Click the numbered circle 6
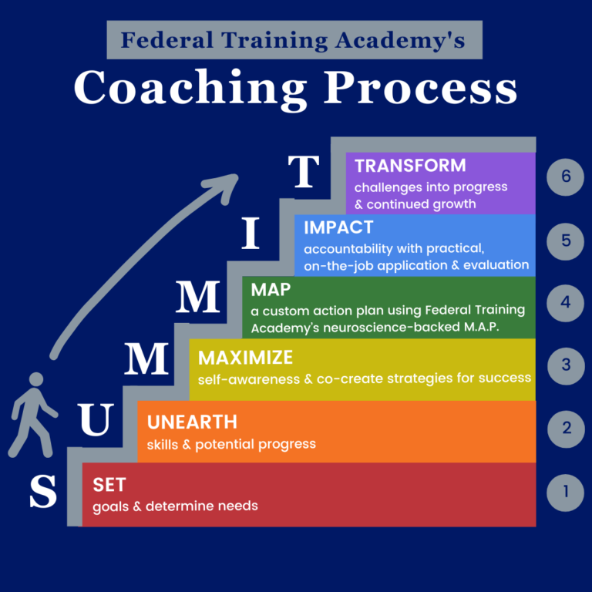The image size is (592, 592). click(565, 177)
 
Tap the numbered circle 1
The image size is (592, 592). click(565, 493)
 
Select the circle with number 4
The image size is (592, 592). click(565, 303)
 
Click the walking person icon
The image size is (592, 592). click(33, 415)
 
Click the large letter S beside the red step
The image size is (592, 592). click(43, 491)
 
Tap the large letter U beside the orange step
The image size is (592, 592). click(96, 419)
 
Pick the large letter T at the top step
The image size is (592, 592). click(303, 171)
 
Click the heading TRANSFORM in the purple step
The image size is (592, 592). click(410, 166)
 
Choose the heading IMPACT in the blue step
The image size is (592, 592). click(338, 227)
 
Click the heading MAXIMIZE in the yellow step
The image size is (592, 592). click(245, 358)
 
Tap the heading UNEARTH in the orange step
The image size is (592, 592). click(192, 422)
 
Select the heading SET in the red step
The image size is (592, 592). click(109, 485)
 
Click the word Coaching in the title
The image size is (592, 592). click(190, 89)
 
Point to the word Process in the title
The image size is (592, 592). click(420, 87)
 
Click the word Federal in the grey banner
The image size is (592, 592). click(166, 39)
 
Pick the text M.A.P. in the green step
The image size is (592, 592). click(481, 327)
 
